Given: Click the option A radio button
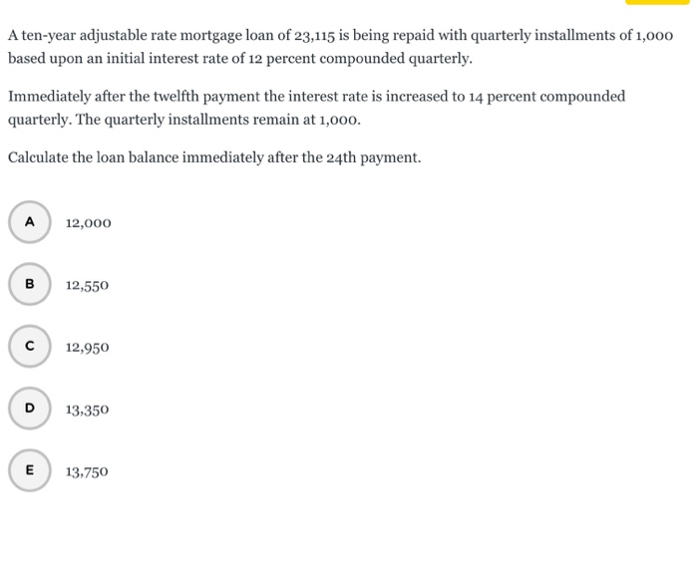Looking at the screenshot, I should [x=30, y=222].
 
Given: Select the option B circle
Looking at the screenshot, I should [x=30, y=284].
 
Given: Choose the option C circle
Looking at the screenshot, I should [x=30, y=347].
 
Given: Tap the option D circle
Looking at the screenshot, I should [x=30, y=409].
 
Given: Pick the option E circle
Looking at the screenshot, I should [x=30, y=471].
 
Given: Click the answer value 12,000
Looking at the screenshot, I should [x=89, y=223].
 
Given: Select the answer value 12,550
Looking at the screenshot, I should [x=88, y=285].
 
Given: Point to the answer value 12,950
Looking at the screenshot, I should [x=88, y=348].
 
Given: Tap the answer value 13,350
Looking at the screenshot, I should [x=88, y=410].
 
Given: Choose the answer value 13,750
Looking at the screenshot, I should [x=88, y=472].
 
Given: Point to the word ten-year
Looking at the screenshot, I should [x=47, y=36].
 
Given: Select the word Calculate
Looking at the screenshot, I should [x=40, y=157].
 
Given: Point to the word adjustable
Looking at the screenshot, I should [x=112, y=36].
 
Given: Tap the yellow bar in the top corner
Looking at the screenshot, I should [x=656, y=2].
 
